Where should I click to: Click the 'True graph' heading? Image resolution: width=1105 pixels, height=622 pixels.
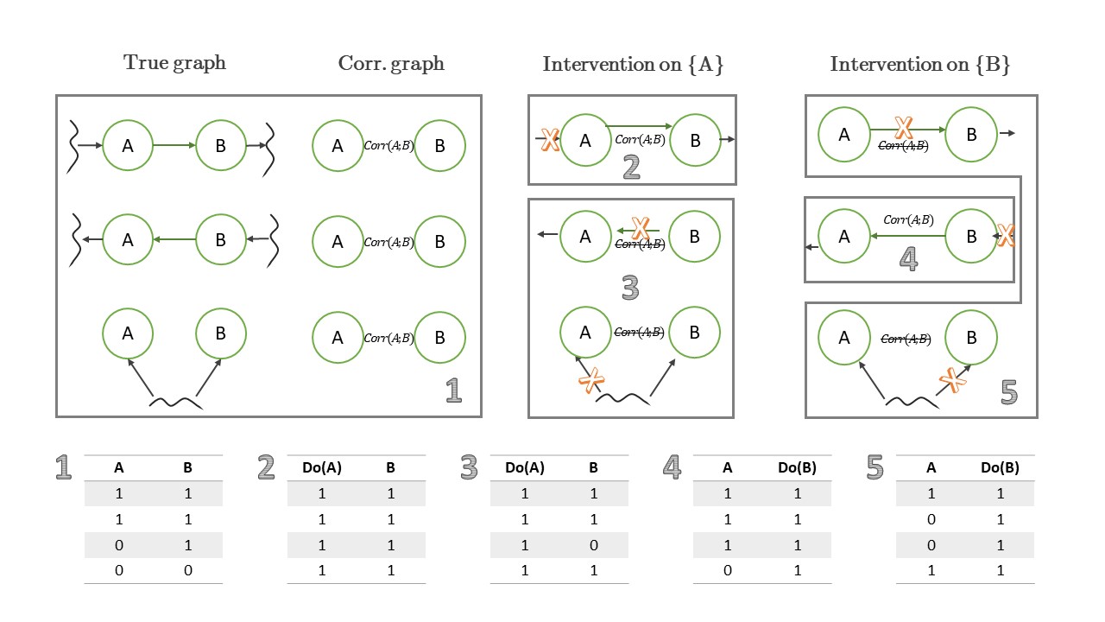pos(174,63)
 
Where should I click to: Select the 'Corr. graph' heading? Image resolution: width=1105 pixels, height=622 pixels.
pos(391,64)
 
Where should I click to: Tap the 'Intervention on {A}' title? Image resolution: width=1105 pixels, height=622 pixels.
pos(633,64)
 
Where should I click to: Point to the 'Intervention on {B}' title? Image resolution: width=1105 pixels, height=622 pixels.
pos(920,64)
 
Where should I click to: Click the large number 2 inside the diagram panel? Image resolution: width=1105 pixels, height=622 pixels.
pos(631,167)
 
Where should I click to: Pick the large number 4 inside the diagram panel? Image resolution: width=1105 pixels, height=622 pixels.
pos(909,258)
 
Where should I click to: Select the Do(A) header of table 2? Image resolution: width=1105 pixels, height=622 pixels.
pos(322,467)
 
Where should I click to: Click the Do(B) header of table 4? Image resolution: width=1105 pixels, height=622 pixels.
pos(797,467)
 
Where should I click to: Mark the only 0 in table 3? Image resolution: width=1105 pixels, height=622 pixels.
pos(593,545)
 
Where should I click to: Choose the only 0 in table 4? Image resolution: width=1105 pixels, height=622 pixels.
pos(728,571)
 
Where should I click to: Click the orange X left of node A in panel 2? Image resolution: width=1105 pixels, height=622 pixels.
pos(550,139)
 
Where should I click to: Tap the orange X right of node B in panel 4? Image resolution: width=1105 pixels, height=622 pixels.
pos(1006,235)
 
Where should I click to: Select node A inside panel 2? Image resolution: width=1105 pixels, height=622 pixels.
pos(585,141)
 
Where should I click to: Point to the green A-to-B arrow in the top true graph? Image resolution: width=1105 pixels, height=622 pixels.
pos(174,145)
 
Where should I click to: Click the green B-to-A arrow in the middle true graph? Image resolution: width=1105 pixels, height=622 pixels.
pos(174,239)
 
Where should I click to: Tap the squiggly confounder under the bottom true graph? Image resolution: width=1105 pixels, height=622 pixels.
pos(175,403)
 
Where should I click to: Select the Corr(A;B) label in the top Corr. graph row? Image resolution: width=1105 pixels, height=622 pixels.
pos(388,146)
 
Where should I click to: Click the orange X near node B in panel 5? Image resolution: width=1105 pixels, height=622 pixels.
pos(952,379)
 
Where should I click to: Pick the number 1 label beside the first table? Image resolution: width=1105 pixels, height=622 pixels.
pos(63,467)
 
